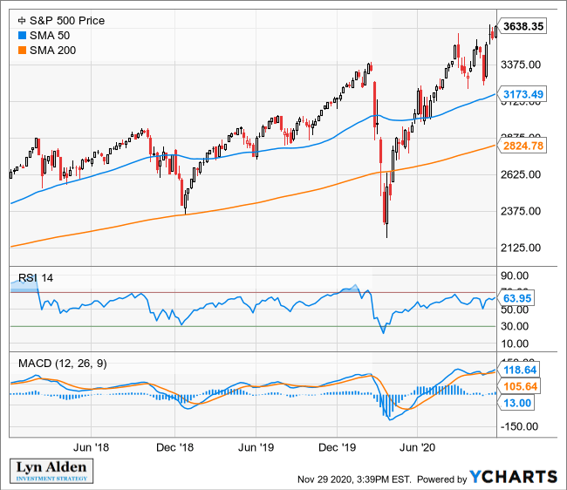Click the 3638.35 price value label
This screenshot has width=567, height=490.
525,27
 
